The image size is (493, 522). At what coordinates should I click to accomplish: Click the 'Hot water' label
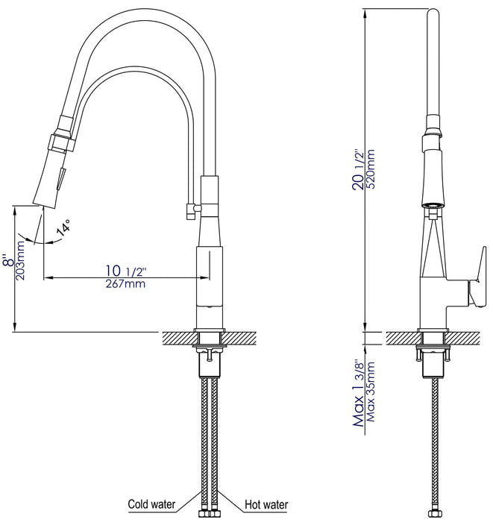[x=265, y=503]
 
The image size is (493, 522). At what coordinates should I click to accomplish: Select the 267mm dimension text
[x=125, y=283]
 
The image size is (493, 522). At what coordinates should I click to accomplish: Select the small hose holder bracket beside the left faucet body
[x=188, y=213]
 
